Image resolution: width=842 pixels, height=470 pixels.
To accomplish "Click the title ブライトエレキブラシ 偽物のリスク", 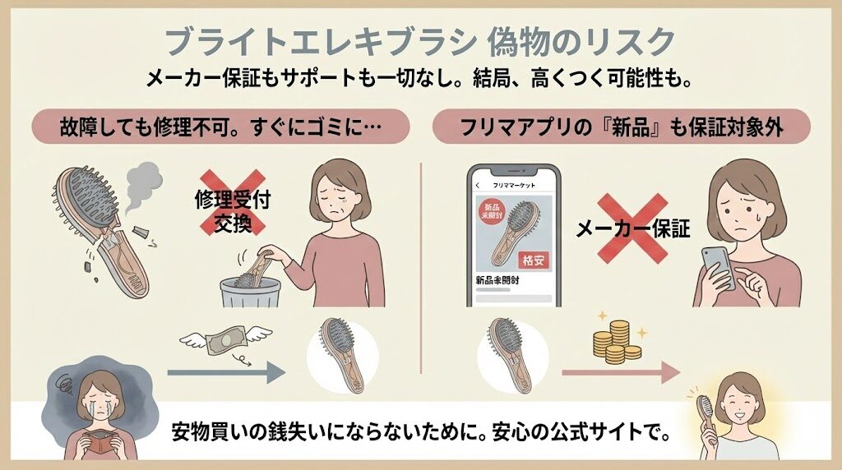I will (420, 41).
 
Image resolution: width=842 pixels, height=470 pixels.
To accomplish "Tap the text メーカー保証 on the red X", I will (633, 231).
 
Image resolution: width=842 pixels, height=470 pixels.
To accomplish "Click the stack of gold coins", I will (615, 342).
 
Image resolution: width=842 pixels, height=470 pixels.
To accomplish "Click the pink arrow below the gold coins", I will (621, 373).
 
